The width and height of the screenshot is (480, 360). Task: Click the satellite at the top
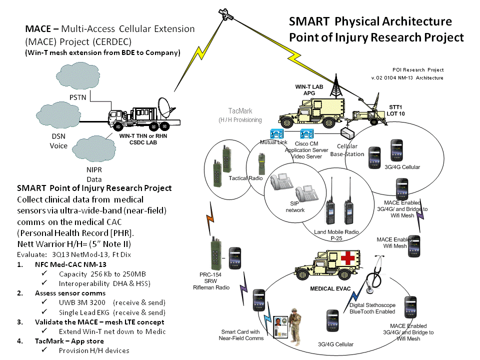click(227, 13)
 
